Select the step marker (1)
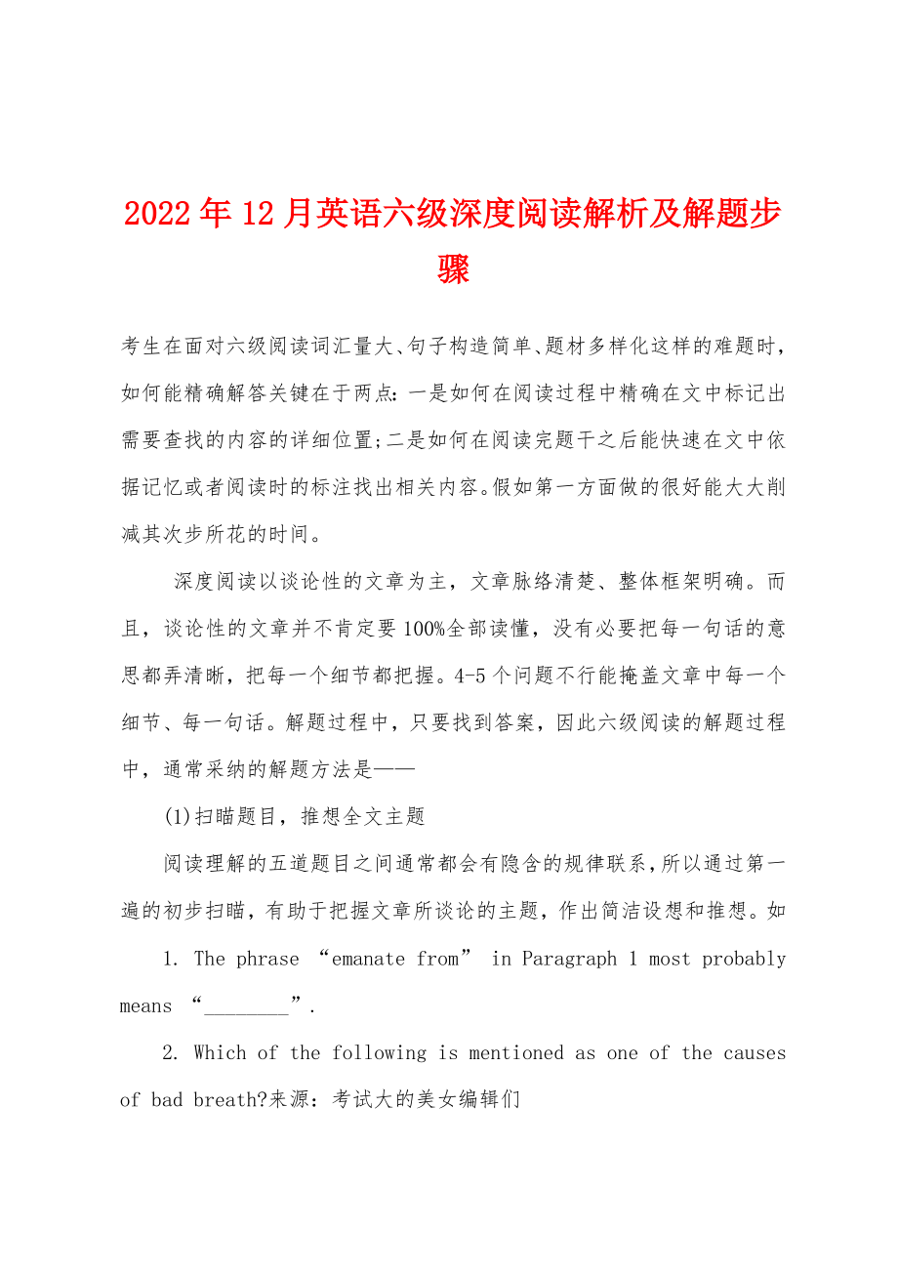pyautogui.click(x=179, y=817)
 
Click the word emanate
pyautogui.click(x=368, y=959)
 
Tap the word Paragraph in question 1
pyautogui.click(x=569, y=959)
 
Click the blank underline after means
pyautogui.click(x=247, y=1006)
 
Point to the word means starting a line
pyautogui.click(x=145, y=1006)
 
